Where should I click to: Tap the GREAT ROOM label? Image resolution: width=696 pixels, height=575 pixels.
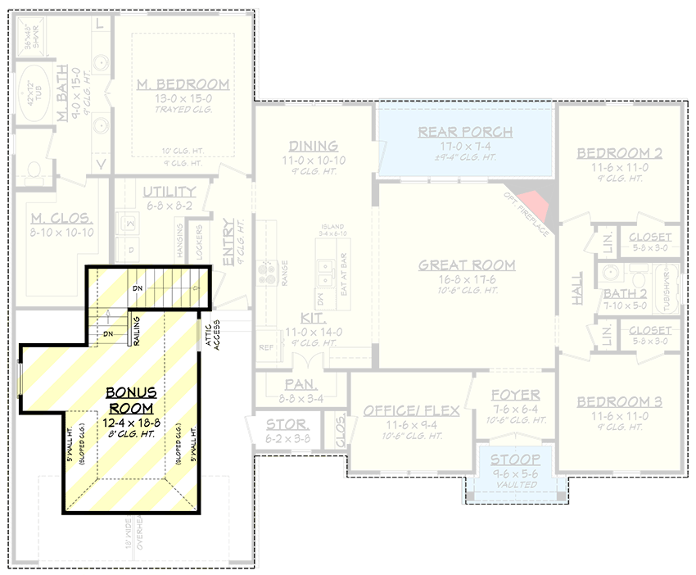467,265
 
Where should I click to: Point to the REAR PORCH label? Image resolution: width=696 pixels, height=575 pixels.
465,132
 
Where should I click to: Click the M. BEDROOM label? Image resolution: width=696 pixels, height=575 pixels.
183,85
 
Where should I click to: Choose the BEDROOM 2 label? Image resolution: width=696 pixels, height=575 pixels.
620,153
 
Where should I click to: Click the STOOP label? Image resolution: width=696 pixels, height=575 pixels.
516,460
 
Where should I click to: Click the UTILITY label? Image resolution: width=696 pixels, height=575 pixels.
168,192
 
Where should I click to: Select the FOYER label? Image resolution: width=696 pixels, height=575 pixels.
516,396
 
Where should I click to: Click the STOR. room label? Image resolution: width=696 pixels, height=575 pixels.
287,425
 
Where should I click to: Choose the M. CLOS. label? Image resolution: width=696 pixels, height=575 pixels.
61,219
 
